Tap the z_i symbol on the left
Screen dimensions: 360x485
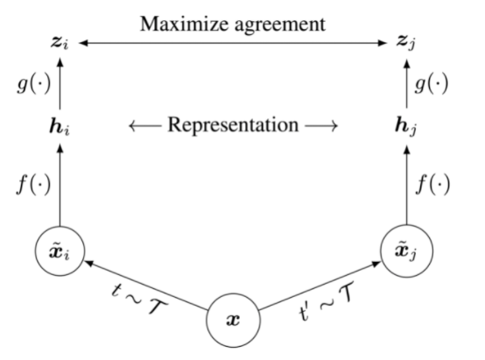[x=60, y=41]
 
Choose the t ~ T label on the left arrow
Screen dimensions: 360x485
[x=140, y=308]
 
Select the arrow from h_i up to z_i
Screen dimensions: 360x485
[x=60, y=82]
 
